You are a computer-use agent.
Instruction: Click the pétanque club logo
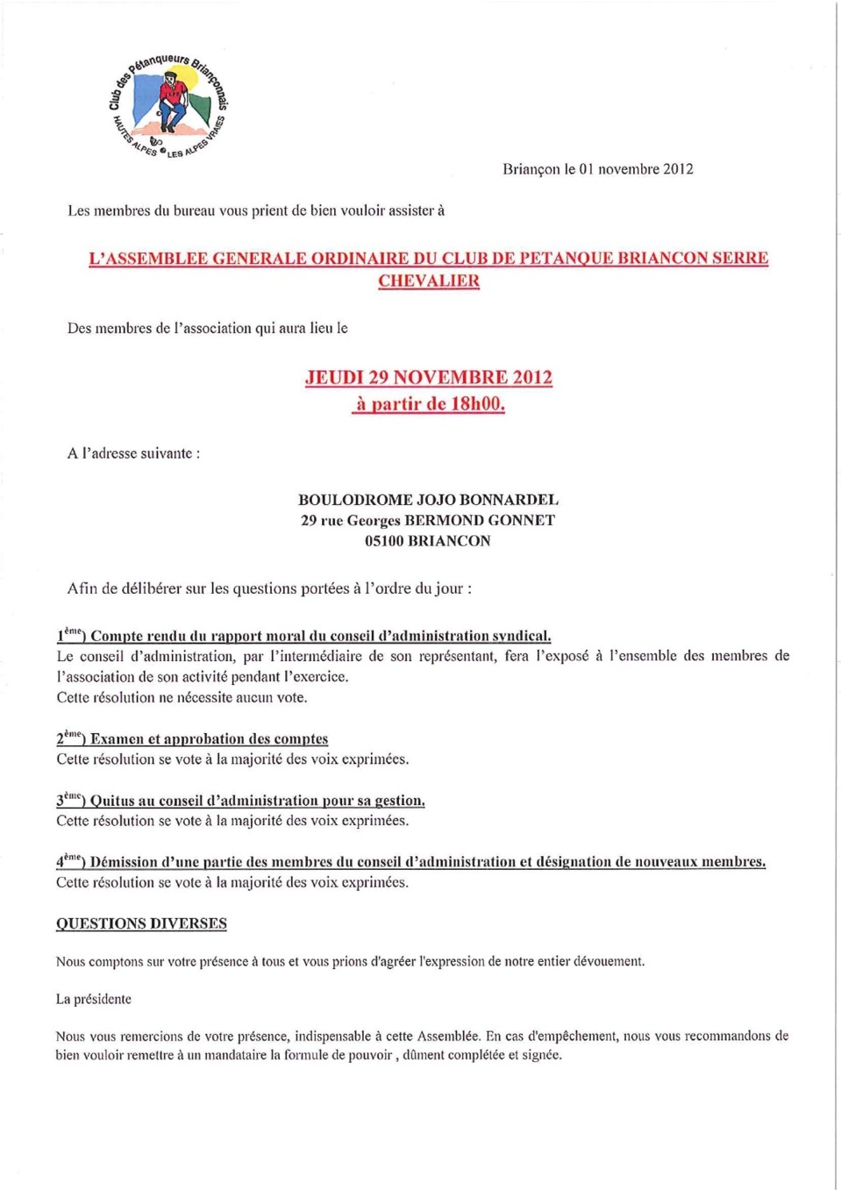pyautogui.click(x=167, y=105)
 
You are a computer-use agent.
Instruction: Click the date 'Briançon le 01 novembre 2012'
pyautogui.click(x=597, y=169)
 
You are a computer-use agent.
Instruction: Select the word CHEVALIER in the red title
pyautogui.click(x=429, y=281)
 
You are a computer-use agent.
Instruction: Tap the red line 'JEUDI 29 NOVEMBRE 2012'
pyautogui.click(x=429, y=378)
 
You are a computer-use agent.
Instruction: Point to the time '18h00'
pyautogui.click(x=477, y=404)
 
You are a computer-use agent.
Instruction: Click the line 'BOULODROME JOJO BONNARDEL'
pyautogui.click(x=428, y=500)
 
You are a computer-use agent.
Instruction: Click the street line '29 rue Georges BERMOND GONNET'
pyautogui.click(x=428, y=521)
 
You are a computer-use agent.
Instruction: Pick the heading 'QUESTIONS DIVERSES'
pyautogui.click(x=141, y=923)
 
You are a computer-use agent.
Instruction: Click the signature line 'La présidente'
pyautogui.click(x=94, y=999)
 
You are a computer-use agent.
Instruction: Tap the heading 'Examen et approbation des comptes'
pyautogui.click(x=209, y=739)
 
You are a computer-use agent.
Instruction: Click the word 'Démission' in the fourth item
pyautogui.click(x=124, y=862)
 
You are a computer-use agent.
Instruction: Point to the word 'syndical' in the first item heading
pyautogui.click(x=521, y=636)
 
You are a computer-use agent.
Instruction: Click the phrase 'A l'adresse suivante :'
pyautogui.click(x=133, y=453)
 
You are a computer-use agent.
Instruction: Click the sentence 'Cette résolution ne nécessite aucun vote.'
pyautogui.click(x=182, y=698)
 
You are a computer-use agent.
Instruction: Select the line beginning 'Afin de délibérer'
pyautogui.click(x=269, y=588)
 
